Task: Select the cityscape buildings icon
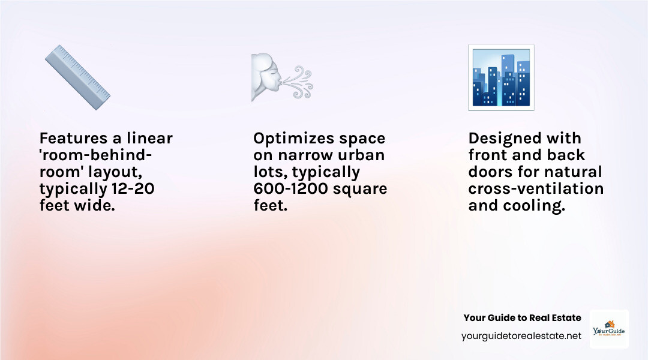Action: pyautogui.click(x=501, y=77)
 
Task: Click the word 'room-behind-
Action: pyautogui.click(x=96, y=156)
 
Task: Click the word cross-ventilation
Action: pyautogui.click(x=536, y=190)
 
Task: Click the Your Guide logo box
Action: pyautogui.click(x=609, y=329)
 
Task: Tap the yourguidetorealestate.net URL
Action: pyautogui.click(x=521, y=336)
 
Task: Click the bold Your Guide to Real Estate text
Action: pyautogui.click(x=522, y=318)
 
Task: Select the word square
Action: pyautogui.click(x=361, y=190)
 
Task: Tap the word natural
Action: pyautogui.click(x=570, y=173)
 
